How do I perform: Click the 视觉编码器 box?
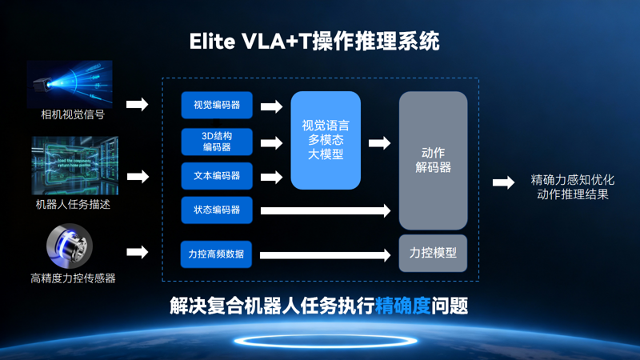[216, 105]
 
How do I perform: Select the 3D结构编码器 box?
[216, 141]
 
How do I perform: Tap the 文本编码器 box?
[216, 175]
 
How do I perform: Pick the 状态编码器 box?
[216, 210]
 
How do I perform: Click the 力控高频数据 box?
[216, 254]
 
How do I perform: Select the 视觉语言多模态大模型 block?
[326, 140]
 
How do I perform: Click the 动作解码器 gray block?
[433, 160]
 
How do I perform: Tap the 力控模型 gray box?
[433, 253]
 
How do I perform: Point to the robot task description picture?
[74, 166]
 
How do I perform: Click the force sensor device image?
[70, 246]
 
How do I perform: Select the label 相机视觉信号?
[73, 114]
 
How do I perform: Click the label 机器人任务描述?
[73, 205]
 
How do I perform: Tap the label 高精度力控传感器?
[73, 278]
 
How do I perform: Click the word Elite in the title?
[213, 42]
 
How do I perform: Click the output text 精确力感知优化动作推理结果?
[572, 186]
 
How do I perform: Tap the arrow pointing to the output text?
[503, 183]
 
